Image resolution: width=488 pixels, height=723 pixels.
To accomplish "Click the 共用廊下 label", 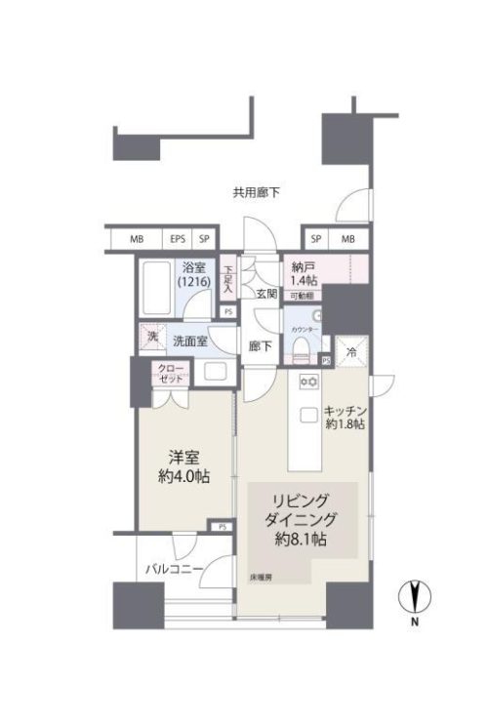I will click(257, 192).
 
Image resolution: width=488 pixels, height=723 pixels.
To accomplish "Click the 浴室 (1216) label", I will click(192, 273).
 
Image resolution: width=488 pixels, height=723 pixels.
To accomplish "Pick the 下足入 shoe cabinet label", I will click(227, 278).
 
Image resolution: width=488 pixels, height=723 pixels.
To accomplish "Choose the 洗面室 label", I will click(190, 341).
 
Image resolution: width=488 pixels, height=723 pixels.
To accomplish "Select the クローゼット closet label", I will click(171, 373).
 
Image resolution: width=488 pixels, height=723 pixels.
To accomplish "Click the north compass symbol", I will click(415, 596).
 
